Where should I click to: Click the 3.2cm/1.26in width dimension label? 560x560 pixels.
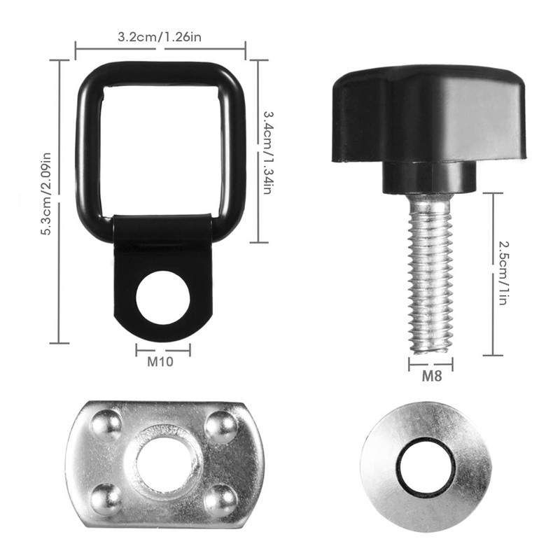[x=160, y=38]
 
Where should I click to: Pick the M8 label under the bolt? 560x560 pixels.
[x=430, y=376]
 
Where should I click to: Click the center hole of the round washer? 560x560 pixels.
[x=426, y=468]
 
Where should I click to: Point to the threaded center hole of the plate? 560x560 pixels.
[x=164, y=464]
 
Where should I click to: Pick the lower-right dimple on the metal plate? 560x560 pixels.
[x=220, y=498]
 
